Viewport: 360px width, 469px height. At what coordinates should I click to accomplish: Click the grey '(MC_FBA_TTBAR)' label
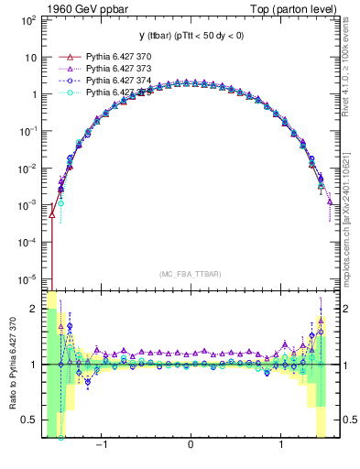[189, 274]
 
